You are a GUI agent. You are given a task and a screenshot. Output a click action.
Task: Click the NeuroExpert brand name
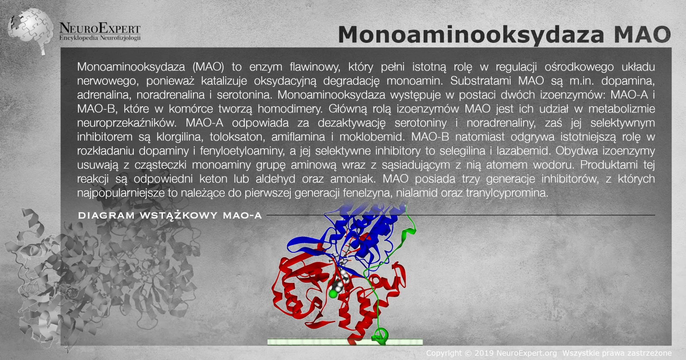pyautogui.click(x=100, y=28)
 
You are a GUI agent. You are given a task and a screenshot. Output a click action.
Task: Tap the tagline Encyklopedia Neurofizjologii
pyautogui.click(x=100, y=38)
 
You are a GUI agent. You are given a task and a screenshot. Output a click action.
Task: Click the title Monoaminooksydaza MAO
pyautogui.click(x=504, y=35)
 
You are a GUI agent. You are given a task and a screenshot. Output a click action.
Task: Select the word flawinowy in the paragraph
pyautogui.click(x=315, y=67)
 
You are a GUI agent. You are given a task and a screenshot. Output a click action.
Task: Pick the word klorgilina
pyautogui.click(x=180, y=137)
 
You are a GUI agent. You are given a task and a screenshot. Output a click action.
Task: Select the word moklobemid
pyautogui.click(x=372, y=137)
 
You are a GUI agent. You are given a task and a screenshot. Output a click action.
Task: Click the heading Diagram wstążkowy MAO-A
pyautogui.click(x=170, y=216)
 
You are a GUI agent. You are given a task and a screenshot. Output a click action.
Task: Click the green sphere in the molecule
pyautogui.click(x=333, y=294)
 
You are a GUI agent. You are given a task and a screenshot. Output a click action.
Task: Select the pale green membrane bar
pyautogui.click(x=345, y=342)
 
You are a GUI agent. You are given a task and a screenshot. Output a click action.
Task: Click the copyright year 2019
pyautogui.click(x=484, y=353)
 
